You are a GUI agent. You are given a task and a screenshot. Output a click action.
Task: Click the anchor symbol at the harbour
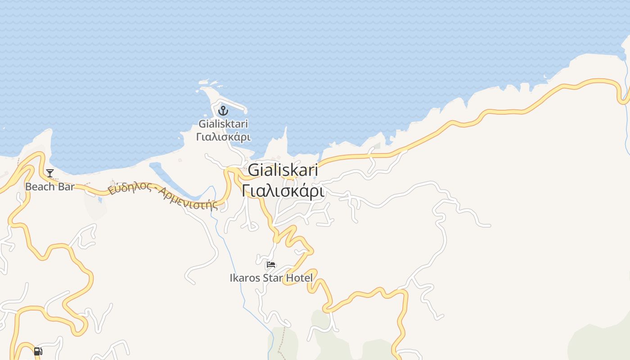pos(223,110)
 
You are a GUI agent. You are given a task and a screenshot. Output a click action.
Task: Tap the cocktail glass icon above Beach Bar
pos(50,173)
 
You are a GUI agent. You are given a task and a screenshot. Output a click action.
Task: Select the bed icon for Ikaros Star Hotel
pos(271,265)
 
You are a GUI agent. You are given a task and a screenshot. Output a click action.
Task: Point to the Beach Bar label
pos(49,187)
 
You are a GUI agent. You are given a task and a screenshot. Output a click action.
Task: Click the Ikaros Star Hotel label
pos(271,278)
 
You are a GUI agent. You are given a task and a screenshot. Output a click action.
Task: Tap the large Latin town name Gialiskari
pos(283,171)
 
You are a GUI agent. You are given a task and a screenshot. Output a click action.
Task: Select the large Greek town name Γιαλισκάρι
pos(283,191)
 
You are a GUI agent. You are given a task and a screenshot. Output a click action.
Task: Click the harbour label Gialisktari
pos(223,124)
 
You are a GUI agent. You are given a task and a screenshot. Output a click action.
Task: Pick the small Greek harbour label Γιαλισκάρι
pos(223,136)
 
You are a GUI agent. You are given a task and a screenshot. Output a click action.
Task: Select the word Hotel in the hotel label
pos(300,278)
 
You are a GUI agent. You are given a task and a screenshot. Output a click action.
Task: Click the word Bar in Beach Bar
pos(66,187)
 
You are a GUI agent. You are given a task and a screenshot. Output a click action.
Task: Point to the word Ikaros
pos(245,278)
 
